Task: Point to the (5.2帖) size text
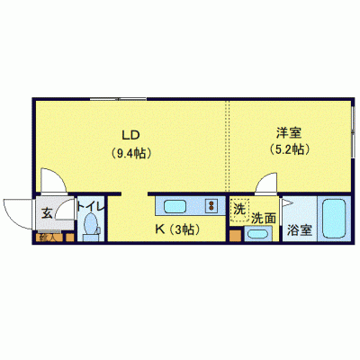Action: point(288,150)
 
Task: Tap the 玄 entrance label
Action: point(46,213)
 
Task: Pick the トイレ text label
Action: point(91,207)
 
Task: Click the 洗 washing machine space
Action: point(238,209)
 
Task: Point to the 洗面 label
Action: point(263,217)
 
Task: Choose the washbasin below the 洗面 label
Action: point(257,235)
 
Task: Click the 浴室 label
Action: point(299,230)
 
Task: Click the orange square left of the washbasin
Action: point(235,238)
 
